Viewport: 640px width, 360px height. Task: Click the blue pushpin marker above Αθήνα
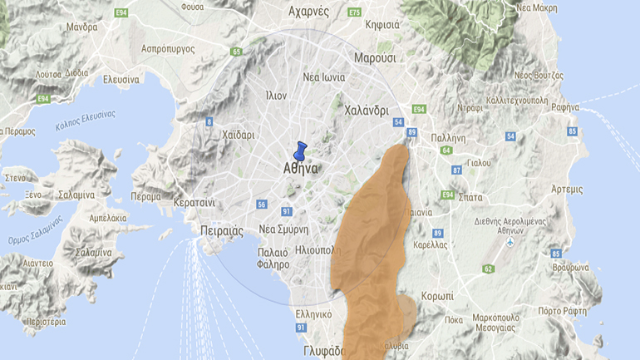coord(300,150)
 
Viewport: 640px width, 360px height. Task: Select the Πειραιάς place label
coord(221,230)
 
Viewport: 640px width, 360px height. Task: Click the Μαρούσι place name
coord(375,58)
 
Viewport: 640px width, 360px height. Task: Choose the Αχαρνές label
coord(308,12)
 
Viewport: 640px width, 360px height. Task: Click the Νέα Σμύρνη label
coord(283,229)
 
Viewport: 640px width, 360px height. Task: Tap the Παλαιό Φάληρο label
coord(273,258)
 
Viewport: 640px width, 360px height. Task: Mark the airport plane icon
coord(510,242)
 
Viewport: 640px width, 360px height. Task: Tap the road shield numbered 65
coord(237,52)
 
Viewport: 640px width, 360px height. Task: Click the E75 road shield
coord(355,12)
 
